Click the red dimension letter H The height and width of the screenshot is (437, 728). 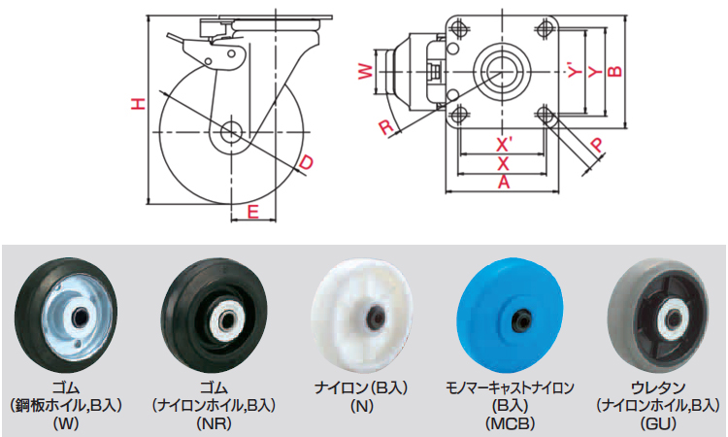[138, 104]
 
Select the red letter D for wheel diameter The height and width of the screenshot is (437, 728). [306, 162]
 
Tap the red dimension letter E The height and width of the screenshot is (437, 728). [252, 212]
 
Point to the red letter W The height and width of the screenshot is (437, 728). [366, 72]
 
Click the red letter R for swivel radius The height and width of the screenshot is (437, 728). [385, 127]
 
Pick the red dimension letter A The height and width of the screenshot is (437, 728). [503, 182]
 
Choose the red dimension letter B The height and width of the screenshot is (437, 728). [614, 70]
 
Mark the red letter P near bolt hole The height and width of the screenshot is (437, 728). [597, 145]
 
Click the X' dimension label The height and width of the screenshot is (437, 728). [503, 146]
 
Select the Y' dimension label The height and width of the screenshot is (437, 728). [576, 70]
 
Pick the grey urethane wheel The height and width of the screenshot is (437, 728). [659, 319]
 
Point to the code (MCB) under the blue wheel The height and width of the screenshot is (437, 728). [510, 423]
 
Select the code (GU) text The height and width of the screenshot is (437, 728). [658, 423]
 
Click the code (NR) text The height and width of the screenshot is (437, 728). [215, 423]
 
